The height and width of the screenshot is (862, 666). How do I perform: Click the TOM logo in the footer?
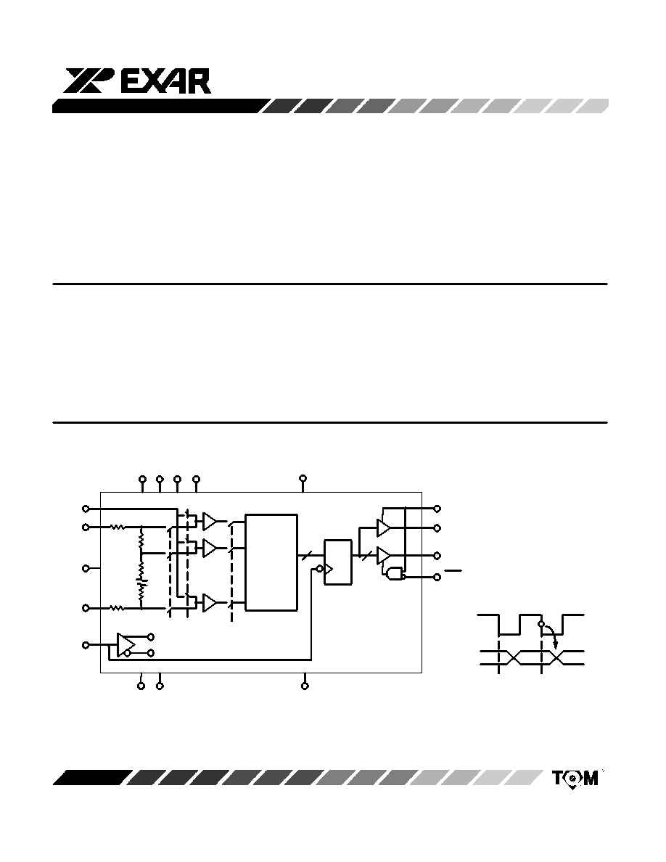575,779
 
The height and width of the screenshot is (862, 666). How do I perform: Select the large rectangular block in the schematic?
271,562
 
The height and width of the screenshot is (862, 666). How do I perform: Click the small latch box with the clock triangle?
338,562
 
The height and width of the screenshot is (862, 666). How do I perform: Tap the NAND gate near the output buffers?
395,575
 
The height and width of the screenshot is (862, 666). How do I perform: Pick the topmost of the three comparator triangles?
210,520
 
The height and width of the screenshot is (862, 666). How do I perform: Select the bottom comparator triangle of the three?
210,603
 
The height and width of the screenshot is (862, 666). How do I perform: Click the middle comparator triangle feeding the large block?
210,548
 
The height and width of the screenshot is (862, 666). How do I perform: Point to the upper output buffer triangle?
383,528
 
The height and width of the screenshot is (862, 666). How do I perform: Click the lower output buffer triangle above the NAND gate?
383,555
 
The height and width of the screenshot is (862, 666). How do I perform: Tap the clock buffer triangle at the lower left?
126,643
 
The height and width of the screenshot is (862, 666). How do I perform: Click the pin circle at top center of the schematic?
303,478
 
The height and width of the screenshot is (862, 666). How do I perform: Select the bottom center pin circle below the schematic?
305,686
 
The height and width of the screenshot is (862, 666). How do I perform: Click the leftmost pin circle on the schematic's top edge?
142,479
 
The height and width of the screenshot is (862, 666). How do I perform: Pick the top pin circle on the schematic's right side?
437,509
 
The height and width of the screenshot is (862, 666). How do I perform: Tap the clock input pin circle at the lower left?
85,645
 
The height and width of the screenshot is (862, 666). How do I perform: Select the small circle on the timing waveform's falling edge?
542,625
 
